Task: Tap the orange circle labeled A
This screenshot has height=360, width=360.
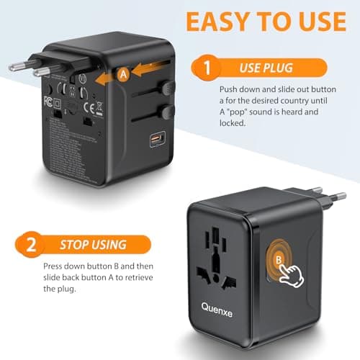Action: click(x=123, y=73)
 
